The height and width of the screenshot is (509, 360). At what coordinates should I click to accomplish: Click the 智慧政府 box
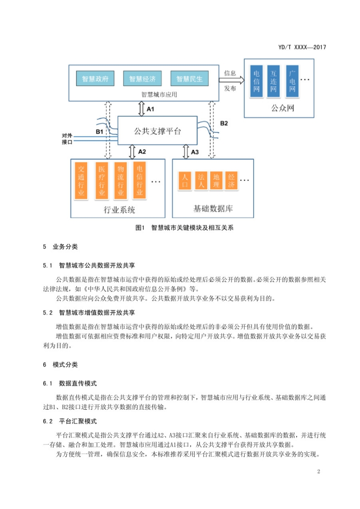pos(95,78)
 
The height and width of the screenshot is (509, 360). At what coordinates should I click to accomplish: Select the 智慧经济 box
pos(142,78)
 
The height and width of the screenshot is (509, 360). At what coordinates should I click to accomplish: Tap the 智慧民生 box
pos(189,78)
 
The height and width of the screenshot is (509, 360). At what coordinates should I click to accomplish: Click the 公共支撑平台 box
pos(158,131)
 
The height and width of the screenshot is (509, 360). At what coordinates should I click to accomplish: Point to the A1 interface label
pos(150,109)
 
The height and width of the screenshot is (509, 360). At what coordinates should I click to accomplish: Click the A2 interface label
pos(142,152)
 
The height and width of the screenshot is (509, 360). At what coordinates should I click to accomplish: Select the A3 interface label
pos(195,152)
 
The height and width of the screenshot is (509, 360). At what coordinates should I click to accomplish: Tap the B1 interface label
pos(99,132)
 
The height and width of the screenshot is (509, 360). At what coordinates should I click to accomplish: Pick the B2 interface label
pos(224,123)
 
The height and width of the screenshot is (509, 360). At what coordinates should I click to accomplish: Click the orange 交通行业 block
pos(81,181)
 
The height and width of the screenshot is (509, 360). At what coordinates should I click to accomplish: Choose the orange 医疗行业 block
pos(102,181)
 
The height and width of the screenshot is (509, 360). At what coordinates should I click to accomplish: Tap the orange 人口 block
pos(185,181)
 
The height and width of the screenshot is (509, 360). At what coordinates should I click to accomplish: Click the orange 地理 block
pos(217,181)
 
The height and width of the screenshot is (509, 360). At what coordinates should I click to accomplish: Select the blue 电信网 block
pos(256,81)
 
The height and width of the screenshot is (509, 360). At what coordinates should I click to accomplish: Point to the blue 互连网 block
pos(273,81)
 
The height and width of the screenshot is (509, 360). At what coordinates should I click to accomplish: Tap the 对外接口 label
pos(67,139)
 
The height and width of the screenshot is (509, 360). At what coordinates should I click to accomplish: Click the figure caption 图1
pos(140,228)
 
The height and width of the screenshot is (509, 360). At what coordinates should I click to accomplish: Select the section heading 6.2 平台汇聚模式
pos(70,421)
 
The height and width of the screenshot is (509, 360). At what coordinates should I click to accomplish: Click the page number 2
pos(319,471)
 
